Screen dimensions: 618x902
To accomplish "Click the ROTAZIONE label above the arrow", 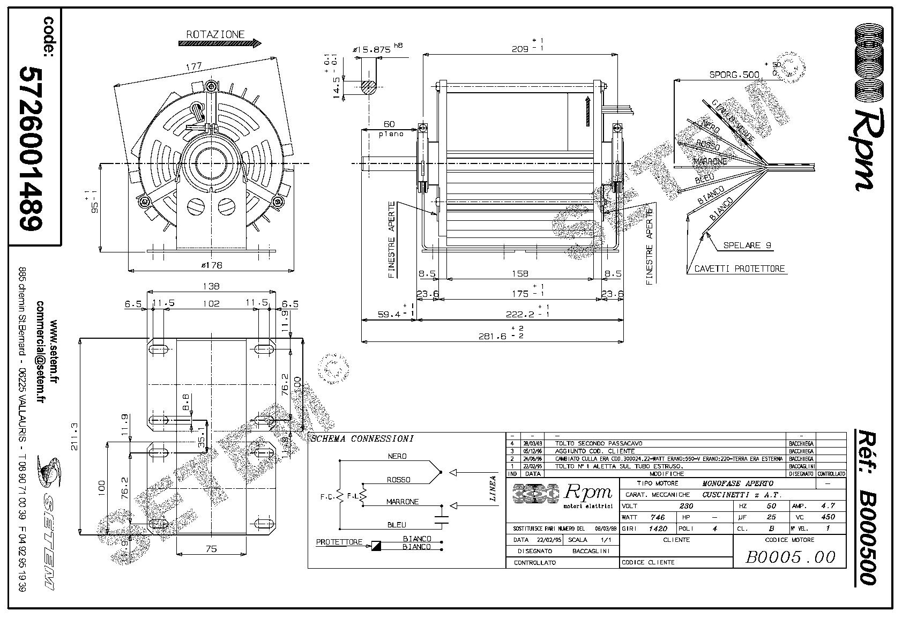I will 215,34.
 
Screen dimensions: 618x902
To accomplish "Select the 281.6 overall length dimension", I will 493,336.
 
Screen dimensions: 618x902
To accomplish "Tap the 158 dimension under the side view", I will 520,274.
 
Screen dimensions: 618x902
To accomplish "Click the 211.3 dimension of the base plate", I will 74,437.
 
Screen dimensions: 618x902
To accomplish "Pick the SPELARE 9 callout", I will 747,245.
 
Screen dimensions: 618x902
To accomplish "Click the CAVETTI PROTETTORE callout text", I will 739,269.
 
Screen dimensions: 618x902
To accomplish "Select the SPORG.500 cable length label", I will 734,75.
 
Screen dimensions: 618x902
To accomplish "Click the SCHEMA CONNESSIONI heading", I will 362,438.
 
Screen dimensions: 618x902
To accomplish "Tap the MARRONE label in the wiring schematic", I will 402,502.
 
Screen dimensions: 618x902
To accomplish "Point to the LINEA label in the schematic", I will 493,488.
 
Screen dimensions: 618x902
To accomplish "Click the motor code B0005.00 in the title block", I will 790,557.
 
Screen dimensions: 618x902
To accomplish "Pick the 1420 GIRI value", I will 658,528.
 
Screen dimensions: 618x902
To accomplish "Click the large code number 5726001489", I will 31,148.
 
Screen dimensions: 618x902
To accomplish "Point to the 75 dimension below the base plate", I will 211,548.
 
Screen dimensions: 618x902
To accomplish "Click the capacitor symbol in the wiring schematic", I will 442,518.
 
